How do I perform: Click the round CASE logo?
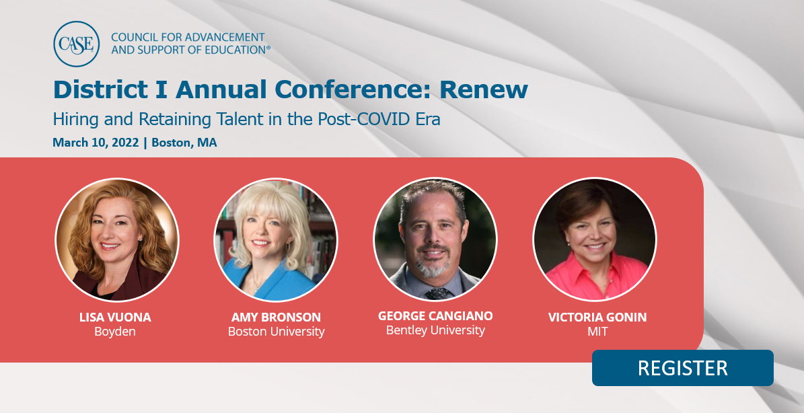[77, 44]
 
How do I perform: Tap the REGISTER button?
[682, 368]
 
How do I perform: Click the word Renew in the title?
[484, 89]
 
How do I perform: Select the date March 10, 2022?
[96, 143]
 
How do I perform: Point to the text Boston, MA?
[184, 143]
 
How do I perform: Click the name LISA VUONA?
[115, 317]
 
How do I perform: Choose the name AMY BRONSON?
[276, 317]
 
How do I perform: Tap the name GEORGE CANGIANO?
[435, 315]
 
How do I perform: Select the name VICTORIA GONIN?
[597, 317]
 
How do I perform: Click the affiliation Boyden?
[115, 332]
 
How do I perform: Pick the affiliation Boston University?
[276, 332]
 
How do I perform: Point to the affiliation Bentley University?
[435, 330]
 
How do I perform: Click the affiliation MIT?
[597, 332]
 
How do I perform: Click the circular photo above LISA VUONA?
[117, 239]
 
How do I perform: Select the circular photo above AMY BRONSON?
[276, 239]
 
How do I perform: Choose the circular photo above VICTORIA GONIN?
[595, 239]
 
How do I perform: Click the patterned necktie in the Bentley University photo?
[437, 293]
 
